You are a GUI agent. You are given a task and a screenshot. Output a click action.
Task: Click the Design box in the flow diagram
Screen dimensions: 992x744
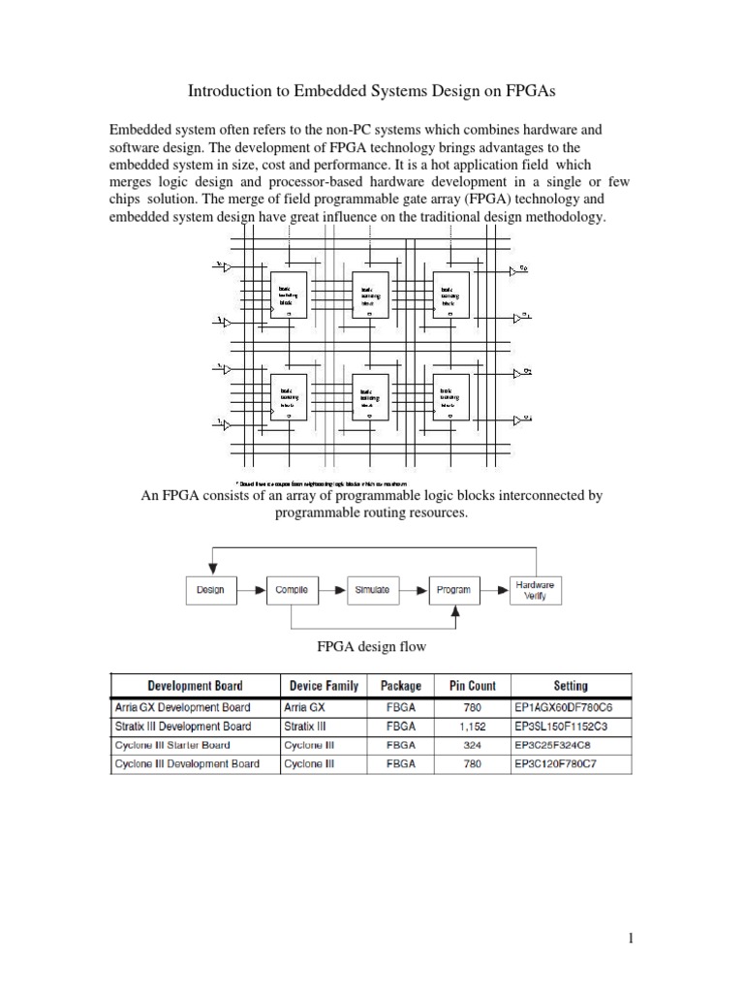210,590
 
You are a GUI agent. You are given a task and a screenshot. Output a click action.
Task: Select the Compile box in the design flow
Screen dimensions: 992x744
292,590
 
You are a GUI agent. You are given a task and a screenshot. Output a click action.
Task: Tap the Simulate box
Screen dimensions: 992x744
372,590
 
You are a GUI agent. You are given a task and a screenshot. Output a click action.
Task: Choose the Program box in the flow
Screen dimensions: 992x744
453,590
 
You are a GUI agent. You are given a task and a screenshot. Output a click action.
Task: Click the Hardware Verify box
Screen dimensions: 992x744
535,591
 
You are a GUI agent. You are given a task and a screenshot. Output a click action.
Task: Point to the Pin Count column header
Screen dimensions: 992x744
473,686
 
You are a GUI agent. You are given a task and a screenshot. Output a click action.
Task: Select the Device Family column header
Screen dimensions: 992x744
321,686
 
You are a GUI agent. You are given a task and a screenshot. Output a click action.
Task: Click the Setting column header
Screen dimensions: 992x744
571,686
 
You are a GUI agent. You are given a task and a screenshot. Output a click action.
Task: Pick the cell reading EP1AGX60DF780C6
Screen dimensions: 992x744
571,707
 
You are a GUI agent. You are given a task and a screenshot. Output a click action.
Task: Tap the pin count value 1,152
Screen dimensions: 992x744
473,727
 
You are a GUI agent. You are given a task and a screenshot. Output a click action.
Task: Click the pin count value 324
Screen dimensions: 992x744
473,745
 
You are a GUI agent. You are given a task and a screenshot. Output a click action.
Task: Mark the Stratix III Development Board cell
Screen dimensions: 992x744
182,727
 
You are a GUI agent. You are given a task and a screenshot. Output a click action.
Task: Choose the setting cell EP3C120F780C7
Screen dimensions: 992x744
571,764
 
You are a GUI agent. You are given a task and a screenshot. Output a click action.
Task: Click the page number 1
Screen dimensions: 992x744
629,939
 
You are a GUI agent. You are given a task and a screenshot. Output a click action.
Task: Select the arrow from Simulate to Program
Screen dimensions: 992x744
414,590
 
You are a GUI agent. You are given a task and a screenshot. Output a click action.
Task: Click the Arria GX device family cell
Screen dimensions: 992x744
305,707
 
